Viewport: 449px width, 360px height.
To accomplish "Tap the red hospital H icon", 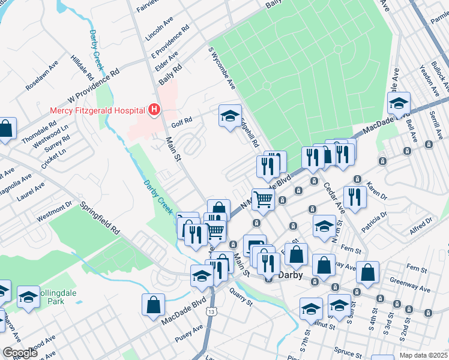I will [x=154, y=110].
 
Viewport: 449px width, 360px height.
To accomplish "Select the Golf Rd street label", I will [x=181, y=121].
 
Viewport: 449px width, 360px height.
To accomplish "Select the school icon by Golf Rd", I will [x=229, y=117].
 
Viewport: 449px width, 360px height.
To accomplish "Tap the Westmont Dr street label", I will [x=56, y=210].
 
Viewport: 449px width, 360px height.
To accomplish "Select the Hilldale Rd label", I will [x=82, y=68].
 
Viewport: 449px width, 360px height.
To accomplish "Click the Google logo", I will [x=20, y=353].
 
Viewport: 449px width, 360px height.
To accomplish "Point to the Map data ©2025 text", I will [x=424, y=355].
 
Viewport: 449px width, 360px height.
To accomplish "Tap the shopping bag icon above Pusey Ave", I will [x=154, y=304].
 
